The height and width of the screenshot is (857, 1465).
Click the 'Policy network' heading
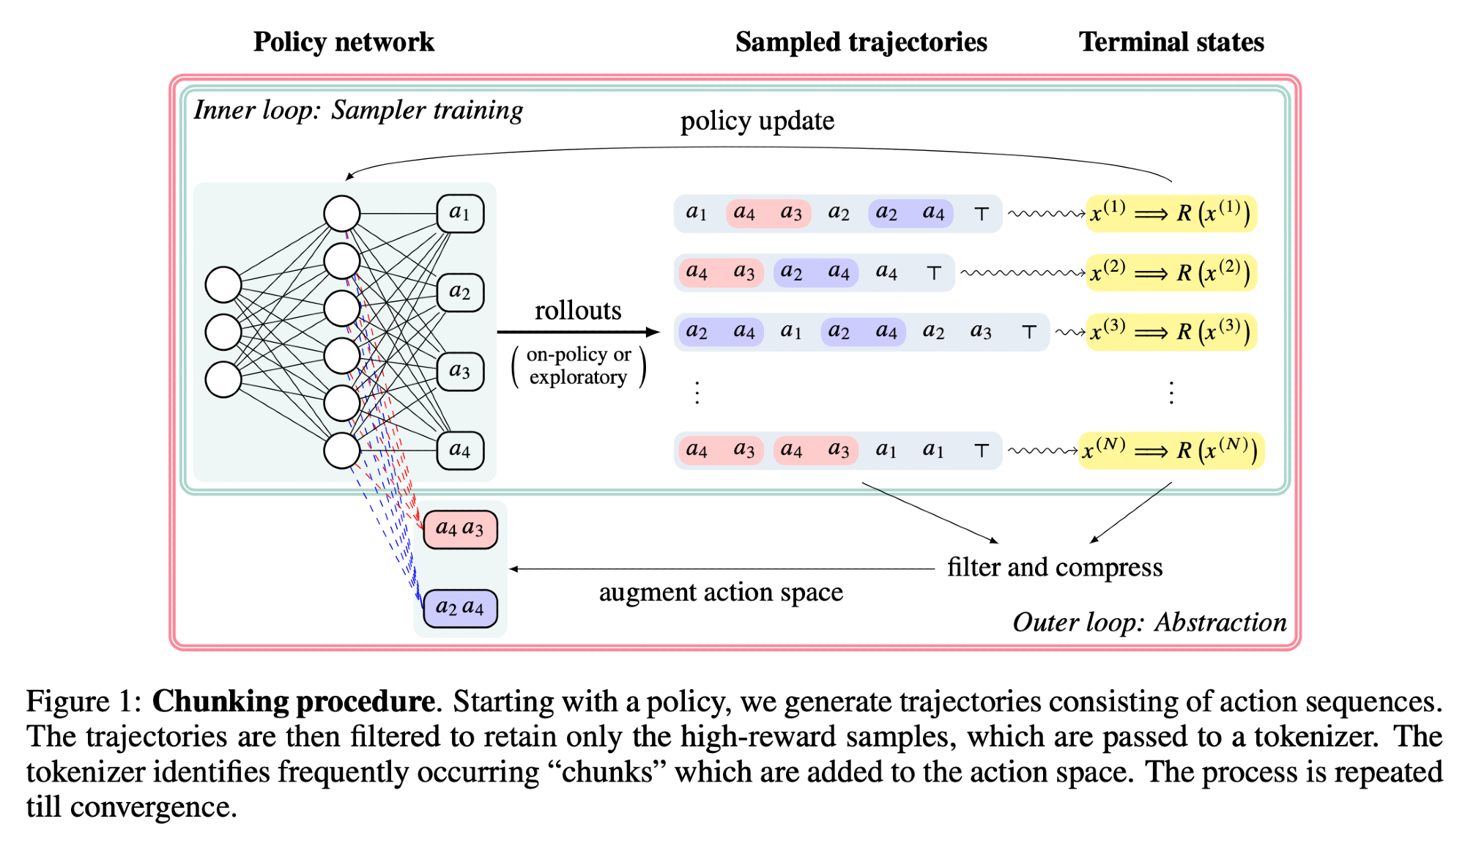pyautogui.click(x=344, y=42)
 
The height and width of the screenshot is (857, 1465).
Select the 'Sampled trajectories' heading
pyautogui.click(x=861, y=42)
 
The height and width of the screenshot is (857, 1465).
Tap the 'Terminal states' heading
pyautogui.click(x=1171, y=42)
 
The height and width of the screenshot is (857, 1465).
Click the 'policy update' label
pyautogui.click(x=757, y=121)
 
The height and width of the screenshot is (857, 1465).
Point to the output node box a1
pyautogui.click(x=460, y=213)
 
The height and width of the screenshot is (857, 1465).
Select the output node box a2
pyautogui.click(x=460, y=292)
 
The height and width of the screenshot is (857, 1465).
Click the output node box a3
pyautogui.click(x=460, y=371)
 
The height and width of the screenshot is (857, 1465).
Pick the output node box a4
pyautogui.click(x=460, y=450)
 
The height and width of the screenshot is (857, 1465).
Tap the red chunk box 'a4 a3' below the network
pyautogui.click(x=460, y=529)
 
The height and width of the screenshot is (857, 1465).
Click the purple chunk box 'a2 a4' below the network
pyautogui.click(x=460, y=608)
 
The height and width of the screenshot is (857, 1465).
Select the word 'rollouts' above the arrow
pyautogui.click(x=578, y=311)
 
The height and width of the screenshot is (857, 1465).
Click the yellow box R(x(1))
pyautogui.click(x=1171, y=213)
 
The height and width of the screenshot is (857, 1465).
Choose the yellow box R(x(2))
pyautogui.click(x=1171, y=272)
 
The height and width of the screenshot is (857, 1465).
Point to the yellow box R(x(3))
pyautogui.click(x=1171, y=332)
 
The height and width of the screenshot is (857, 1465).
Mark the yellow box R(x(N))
pyautogui.click(x=1171, y=450)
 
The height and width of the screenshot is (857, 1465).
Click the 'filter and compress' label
pyautogui.click(x=1055, y=568)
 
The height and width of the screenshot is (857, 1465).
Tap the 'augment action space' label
pyautogui.click(x=721, y=592)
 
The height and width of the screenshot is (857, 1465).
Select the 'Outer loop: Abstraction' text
pyautogui.click(x=1149, y=623)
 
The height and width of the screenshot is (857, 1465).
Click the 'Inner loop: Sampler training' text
pyautogui.click(x=358, y=111)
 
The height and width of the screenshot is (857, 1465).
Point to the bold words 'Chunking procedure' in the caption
pyautogui.click(x=293, y=702)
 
